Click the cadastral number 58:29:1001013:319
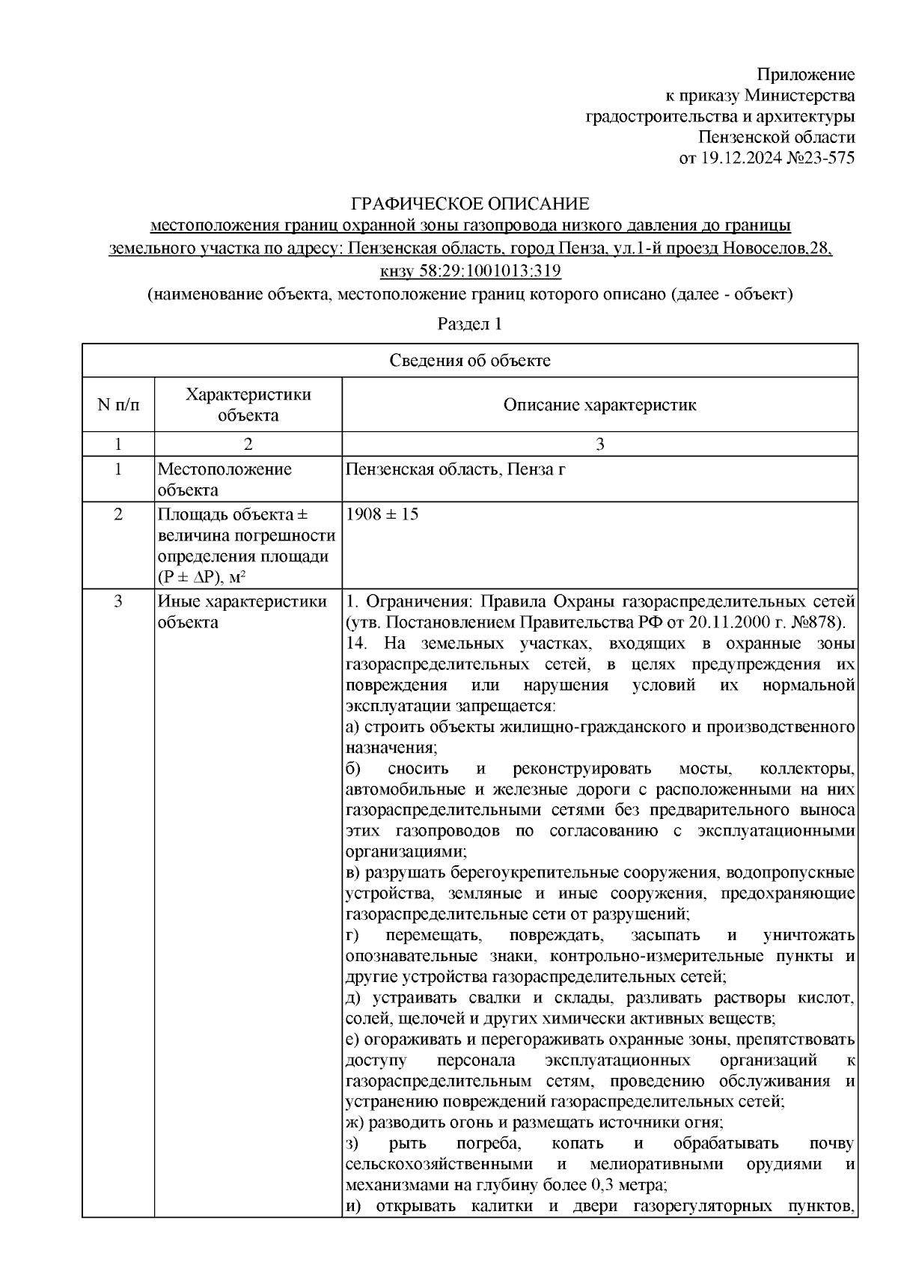pyautogui.click(x=489, y=271)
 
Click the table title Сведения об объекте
pyautogui.click(x=469, y=361)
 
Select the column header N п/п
pyautogui.click(x=117, y=405)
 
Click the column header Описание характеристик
pyautogui.click(x=599, y=405)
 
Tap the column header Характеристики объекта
pyautogui.click(x=248, y=405)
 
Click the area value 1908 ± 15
pyautogui.click(x=382, y=515)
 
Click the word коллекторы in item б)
pyautogui.click(x=807, y=769)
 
